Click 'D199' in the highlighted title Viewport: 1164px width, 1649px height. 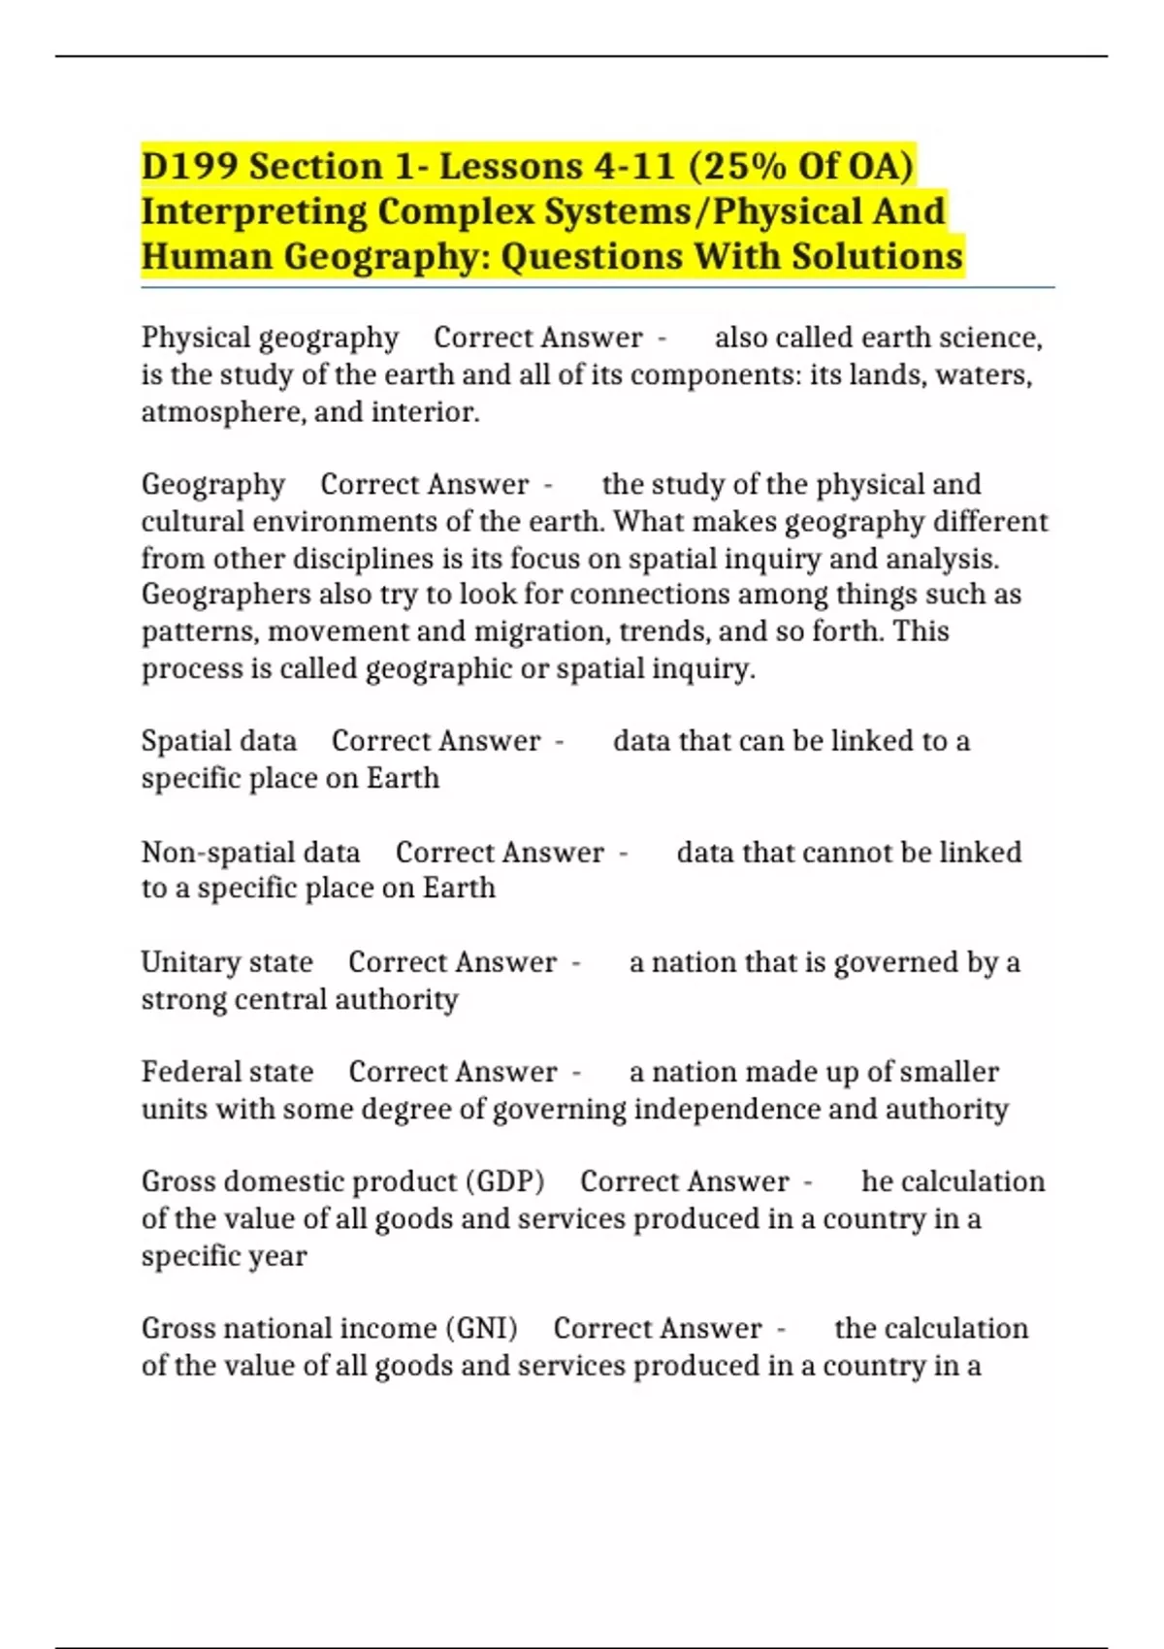click(x=189, y=167)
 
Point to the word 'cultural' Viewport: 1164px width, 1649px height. click(x=192, y=522)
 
